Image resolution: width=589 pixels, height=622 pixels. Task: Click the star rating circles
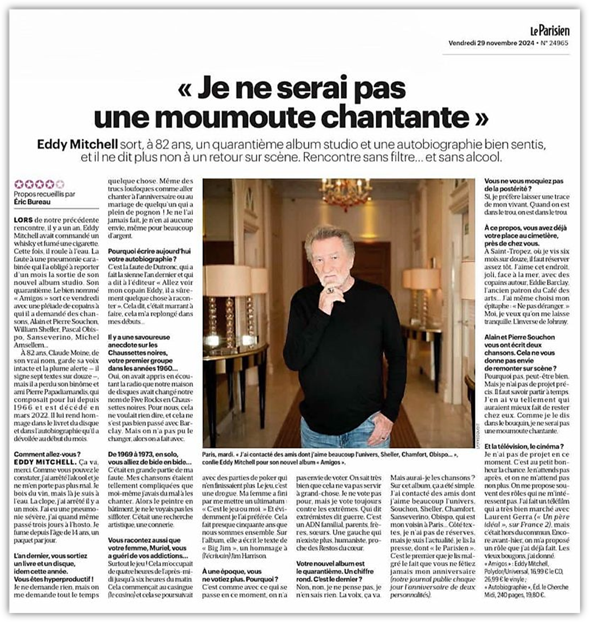(39, 183)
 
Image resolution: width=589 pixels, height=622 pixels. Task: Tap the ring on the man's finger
(331, 290)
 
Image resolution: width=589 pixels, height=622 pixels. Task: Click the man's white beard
(330, 277)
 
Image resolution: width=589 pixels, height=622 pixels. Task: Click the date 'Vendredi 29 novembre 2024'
(490, 43)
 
